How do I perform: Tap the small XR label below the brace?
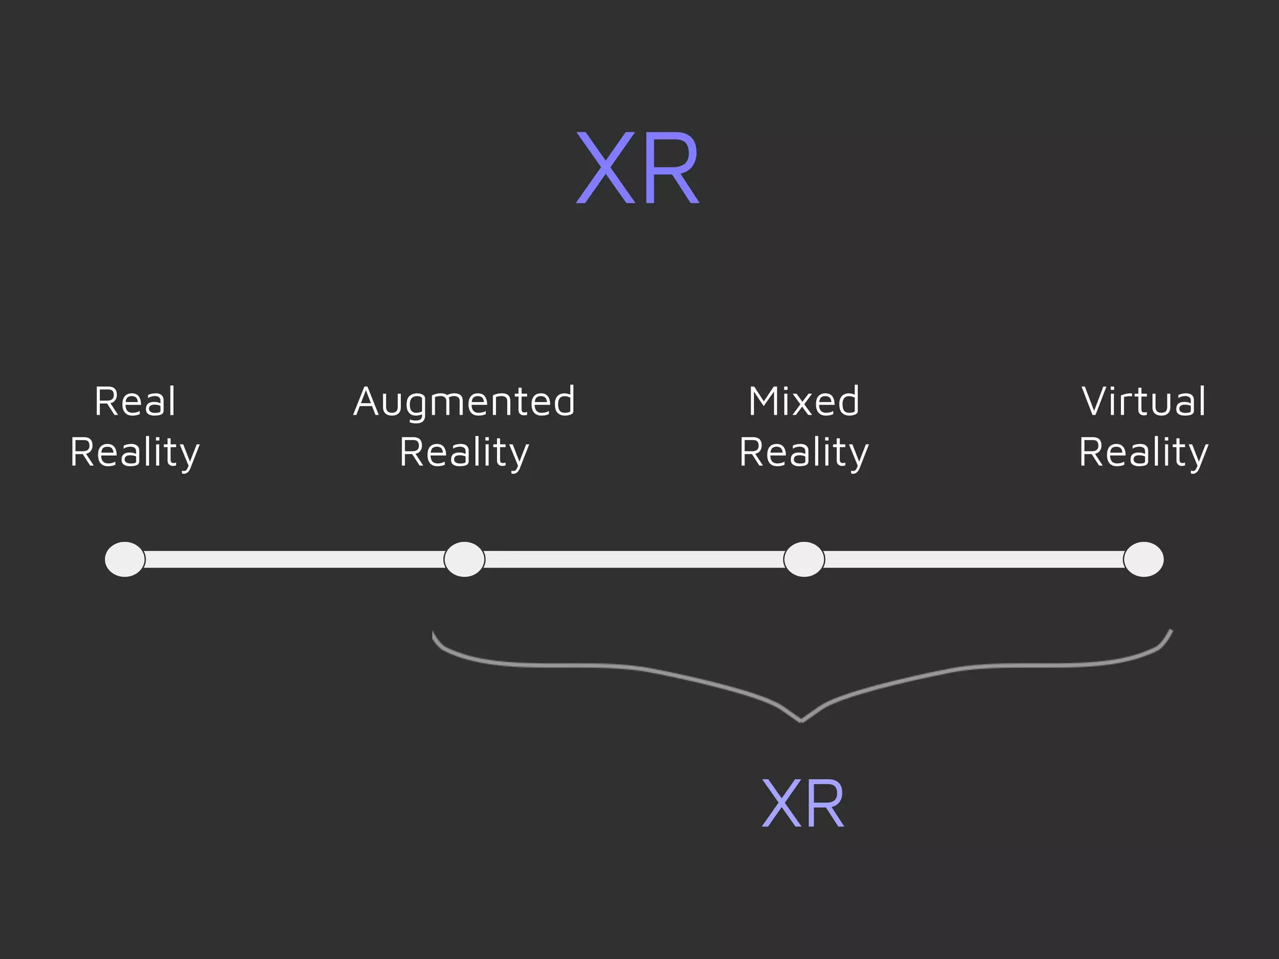(803, 805)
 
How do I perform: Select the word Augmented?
(464, 403)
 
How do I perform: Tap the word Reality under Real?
(135, 453)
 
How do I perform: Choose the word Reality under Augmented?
(464, 453)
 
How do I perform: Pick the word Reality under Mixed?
(804, 453)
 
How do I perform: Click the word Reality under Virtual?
(1143, 453)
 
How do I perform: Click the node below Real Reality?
(125, 559)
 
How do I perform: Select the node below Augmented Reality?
(464, 559)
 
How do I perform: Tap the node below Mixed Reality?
(804, 559)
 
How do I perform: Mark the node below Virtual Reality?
(1143, 559)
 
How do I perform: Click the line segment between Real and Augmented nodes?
(294, 559)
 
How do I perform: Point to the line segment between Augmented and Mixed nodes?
(634, 559)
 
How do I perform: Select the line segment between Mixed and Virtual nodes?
(974, 559)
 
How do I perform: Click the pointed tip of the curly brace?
(801, 720)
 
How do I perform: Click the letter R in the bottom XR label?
(824, 805)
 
